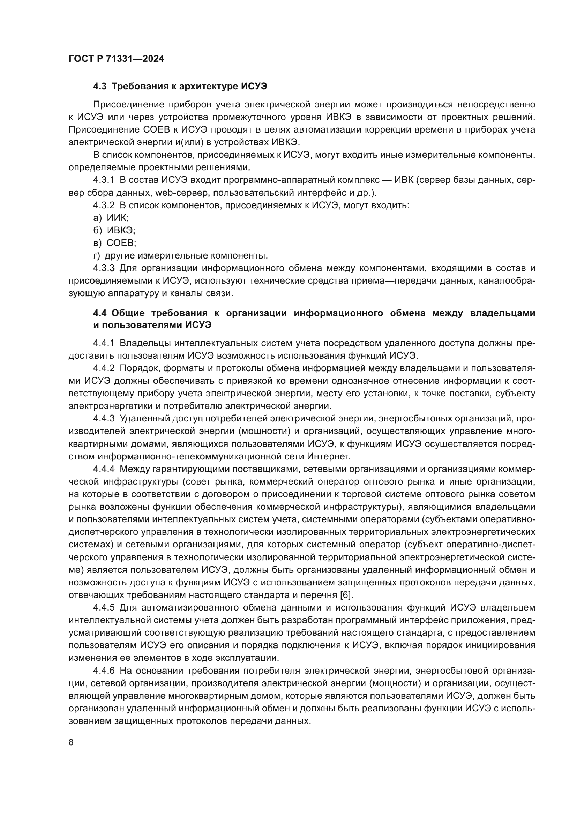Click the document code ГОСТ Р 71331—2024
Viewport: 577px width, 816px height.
116,59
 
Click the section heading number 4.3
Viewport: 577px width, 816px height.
100,87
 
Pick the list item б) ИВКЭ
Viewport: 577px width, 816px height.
114,230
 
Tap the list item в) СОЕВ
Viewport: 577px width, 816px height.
114,243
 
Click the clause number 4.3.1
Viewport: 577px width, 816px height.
104,180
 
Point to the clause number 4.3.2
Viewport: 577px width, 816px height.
104,205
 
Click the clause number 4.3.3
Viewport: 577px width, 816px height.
104,268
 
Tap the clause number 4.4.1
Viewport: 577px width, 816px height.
104,343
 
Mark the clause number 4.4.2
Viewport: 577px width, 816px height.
104,368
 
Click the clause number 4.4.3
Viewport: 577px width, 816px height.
104,419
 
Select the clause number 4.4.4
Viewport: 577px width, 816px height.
104,469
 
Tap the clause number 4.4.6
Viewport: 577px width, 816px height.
104,671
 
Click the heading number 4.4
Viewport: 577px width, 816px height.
100,313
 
